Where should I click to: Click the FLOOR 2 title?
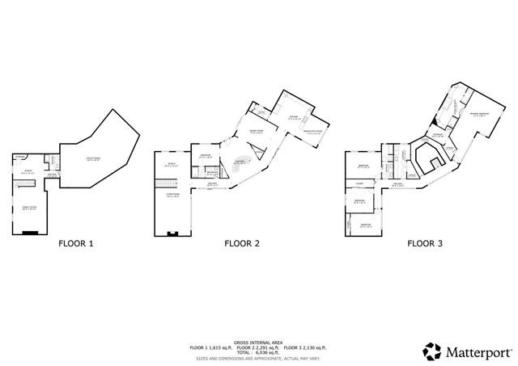(x=241, y=242)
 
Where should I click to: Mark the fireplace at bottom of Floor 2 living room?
(x=173, y=233)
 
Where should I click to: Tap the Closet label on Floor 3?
(x=359, y=183)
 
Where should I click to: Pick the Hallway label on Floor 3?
(x=399, y=184)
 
